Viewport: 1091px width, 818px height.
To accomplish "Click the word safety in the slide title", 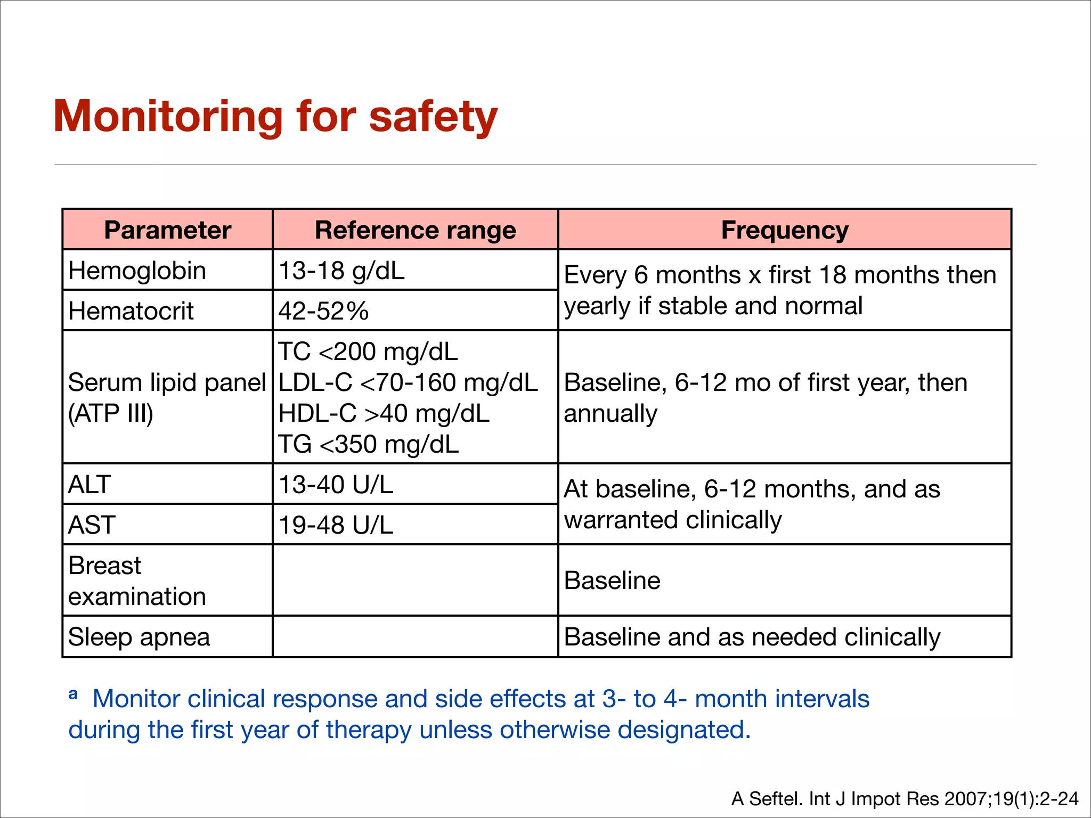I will point(433,117).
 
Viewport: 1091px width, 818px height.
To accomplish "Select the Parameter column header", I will point(167,230).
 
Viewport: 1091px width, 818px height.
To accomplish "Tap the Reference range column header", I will point(415,230).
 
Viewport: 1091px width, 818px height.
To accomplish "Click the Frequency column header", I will point(784,230).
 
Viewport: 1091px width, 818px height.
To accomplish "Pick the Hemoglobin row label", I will point(137,271).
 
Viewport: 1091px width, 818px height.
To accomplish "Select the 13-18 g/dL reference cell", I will point(341,271).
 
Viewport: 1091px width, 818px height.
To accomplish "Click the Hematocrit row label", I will point(131,311).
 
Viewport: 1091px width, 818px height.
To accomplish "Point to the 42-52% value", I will point(323,311).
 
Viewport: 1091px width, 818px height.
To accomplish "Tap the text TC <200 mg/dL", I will point(368,352).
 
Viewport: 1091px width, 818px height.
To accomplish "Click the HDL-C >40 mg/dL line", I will point(384,414).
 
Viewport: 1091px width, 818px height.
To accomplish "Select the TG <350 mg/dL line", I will point(368,445).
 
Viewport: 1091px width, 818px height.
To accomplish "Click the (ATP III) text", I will point(111,414).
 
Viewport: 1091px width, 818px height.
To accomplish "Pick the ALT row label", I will point(89,485).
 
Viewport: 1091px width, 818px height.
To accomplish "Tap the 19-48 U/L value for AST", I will point(336,525).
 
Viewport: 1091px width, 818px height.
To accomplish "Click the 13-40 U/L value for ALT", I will point(336,485).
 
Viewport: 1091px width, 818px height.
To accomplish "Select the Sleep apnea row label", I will point(139,637).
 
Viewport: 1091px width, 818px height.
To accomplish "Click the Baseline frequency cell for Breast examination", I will point(612,580).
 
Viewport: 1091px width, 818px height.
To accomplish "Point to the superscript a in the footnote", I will point(74,694).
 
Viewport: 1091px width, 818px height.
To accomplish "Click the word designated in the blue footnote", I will point(683,730).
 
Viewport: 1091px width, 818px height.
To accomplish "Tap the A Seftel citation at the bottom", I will point(905,799).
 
